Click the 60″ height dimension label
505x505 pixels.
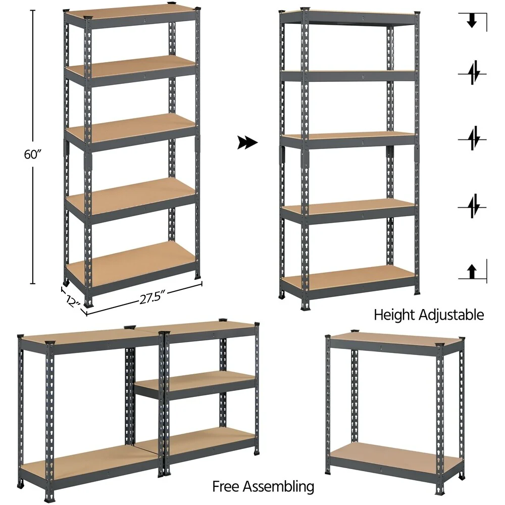tap(32, 155)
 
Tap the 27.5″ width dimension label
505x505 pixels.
tap(154, 297)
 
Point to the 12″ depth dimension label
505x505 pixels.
tap(73, 301)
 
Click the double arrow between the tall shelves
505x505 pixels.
tap(247, 143)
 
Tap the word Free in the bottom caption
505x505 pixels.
tap(227, 487)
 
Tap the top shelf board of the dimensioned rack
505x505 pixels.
tap(131, 13)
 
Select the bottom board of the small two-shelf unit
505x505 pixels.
tap(396, 456)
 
